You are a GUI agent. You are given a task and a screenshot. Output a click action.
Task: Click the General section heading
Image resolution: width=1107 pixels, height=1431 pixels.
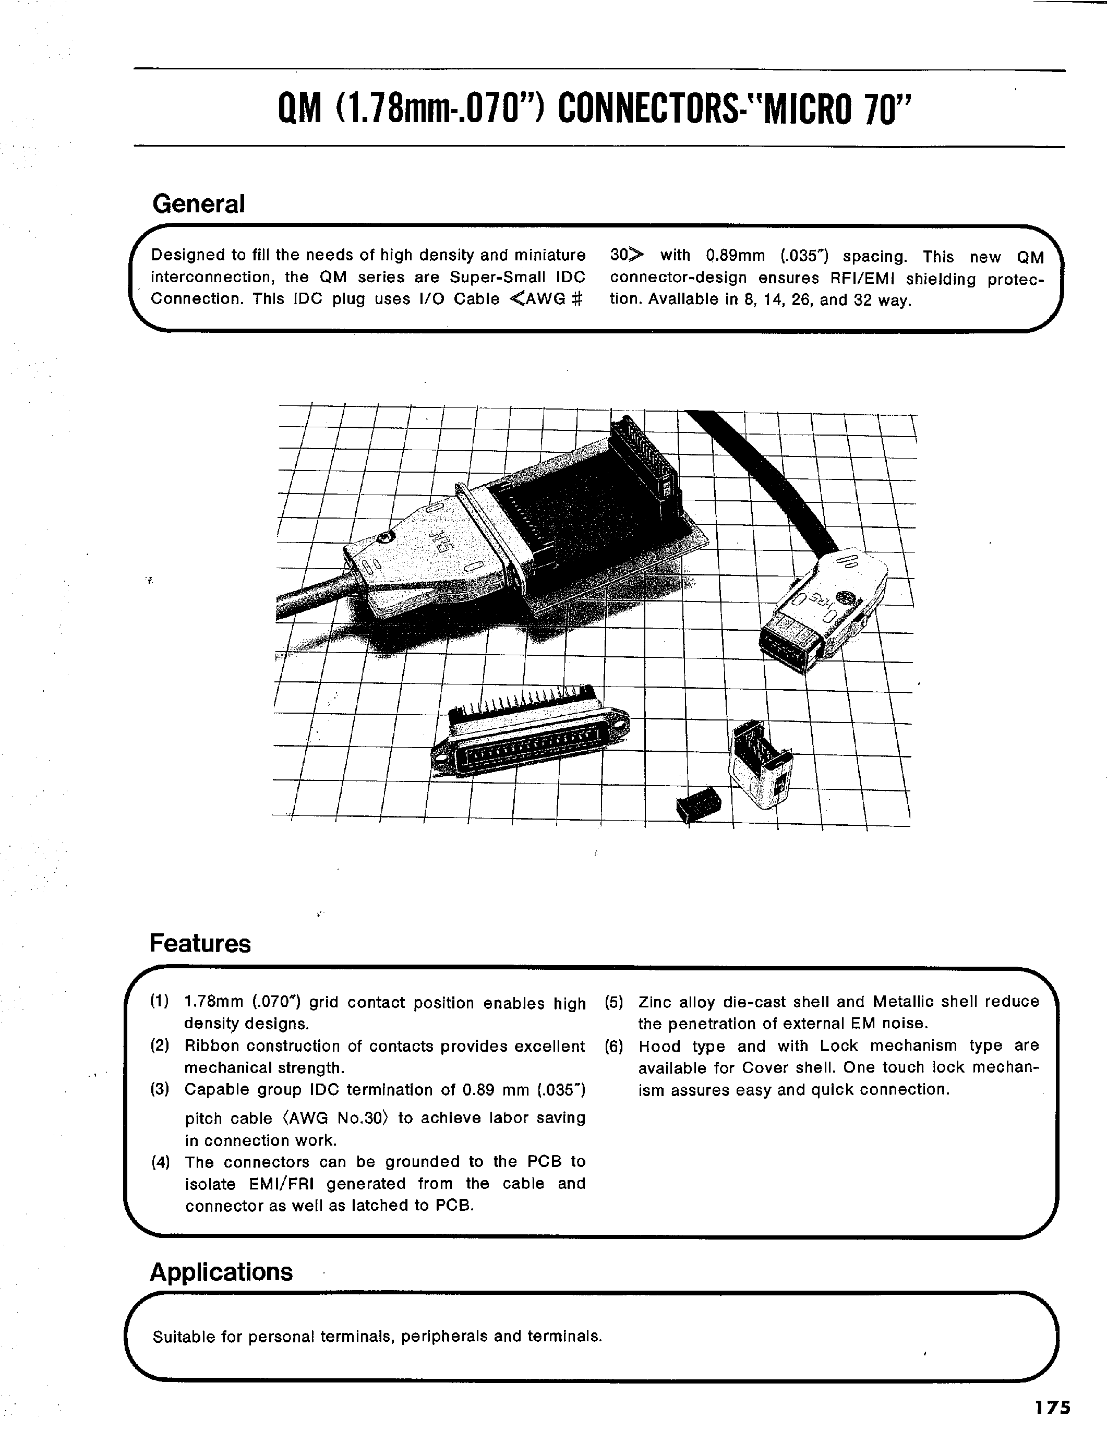tap(198, 204)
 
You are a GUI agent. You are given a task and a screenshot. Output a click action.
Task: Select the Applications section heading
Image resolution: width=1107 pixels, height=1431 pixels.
tap(221, 1272)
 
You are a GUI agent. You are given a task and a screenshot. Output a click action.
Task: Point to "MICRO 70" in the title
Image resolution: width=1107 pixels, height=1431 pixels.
tap(833, 108)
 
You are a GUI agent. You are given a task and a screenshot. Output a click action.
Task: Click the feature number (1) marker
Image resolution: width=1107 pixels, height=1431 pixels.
tap(159, 1001)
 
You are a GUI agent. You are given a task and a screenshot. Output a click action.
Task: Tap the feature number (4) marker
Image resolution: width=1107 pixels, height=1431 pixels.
tap(159, 1162)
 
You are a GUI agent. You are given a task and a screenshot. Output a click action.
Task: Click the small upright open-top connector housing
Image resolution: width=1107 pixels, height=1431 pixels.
tap(760, 763)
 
